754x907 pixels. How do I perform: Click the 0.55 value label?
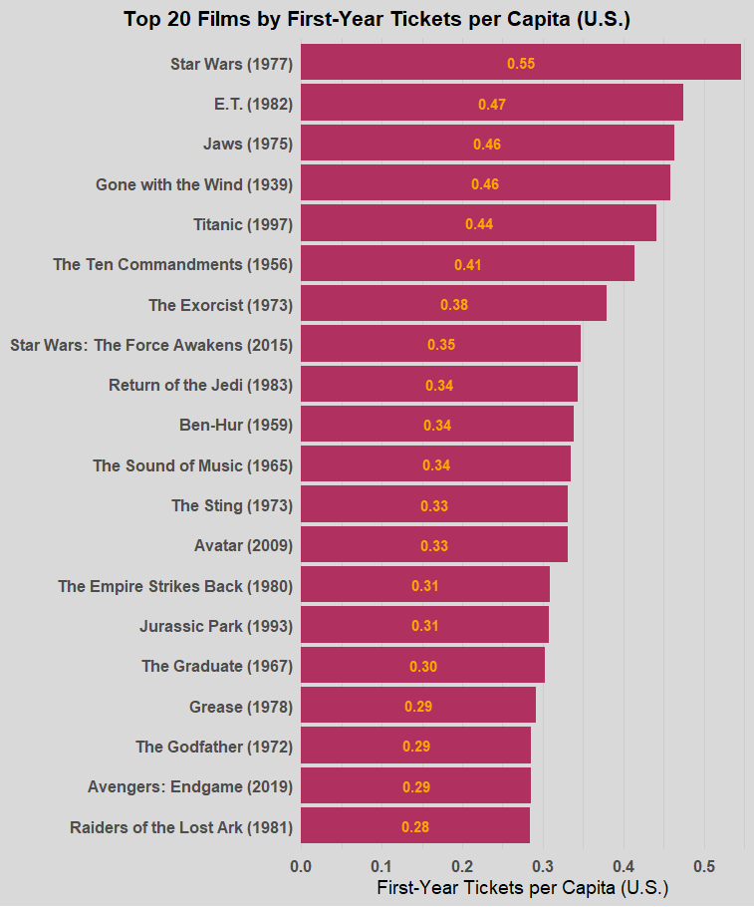(521, 64)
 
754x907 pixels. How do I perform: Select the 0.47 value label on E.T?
(492, 104)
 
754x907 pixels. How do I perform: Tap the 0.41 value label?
(468, 265)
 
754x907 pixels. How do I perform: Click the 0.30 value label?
(423, 667)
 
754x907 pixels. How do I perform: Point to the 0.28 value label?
(415, 827)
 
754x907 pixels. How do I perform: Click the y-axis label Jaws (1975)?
(247, 144)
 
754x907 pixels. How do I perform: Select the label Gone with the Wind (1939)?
(193, 184)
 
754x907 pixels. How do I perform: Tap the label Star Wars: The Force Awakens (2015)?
(150, 345)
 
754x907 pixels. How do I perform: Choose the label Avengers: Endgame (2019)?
(189, 786)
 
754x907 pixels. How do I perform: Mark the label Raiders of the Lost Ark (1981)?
(180, 827)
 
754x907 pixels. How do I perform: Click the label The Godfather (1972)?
(213, 747)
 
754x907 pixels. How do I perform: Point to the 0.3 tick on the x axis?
(543, 865)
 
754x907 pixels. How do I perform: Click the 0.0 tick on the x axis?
(301, 865)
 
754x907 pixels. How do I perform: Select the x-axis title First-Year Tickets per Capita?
(522, 887)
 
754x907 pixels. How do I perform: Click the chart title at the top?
(377, 19)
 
